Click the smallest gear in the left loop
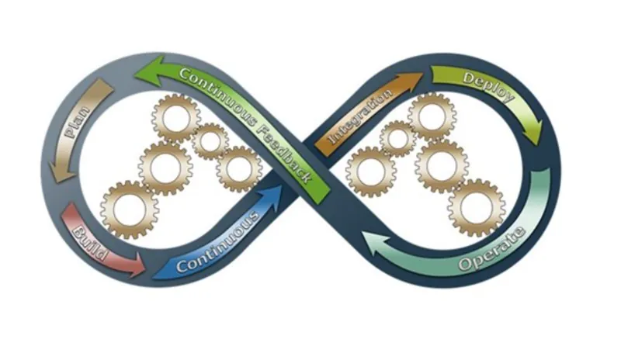pyautogui.click(x=209, y=140)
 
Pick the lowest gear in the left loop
pyautogui.click(x=129, y=209)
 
